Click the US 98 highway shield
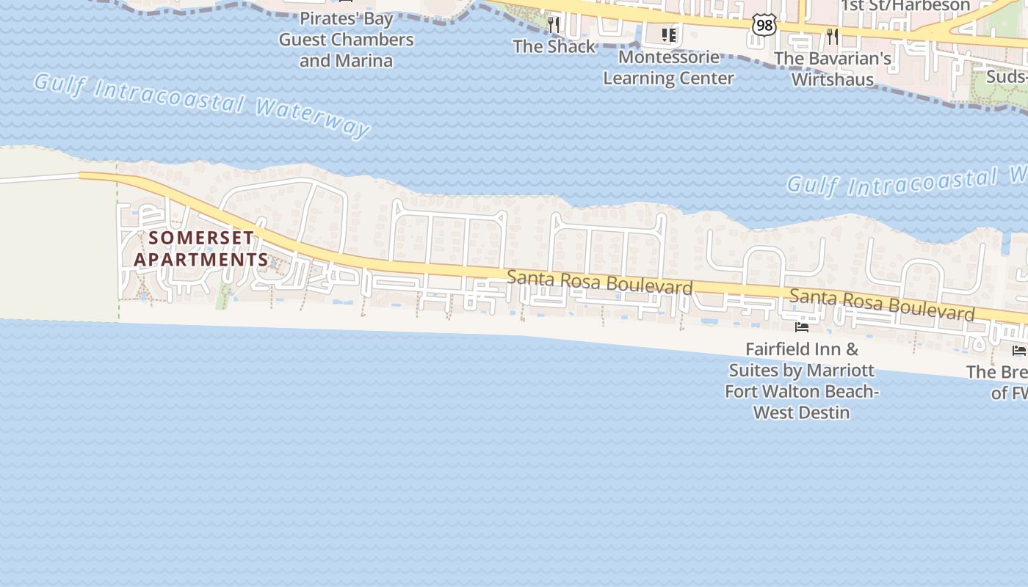click(x=764, y=25)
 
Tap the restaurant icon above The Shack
click(x=554, y=25)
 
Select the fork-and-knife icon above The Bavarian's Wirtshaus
click(x=832, y=35)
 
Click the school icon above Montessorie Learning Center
click(x=668, y=34)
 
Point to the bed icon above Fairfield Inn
click(x=802, y=326)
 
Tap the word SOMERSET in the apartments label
click(x=201, y=238)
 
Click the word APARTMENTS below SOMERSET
click(x=201, y=260)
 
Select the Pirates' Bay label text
click(x=347, y=18)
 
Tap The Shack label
click(x=554, y=46)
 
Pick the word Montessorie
click(x=668, y=56)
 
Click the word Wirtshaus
click(x=833, y=79)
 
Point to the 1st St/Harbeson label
click(x=905, y=6)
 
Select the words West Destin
click(x=801, y=412)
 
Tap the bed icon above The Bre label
click(x=1019, y=350)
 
